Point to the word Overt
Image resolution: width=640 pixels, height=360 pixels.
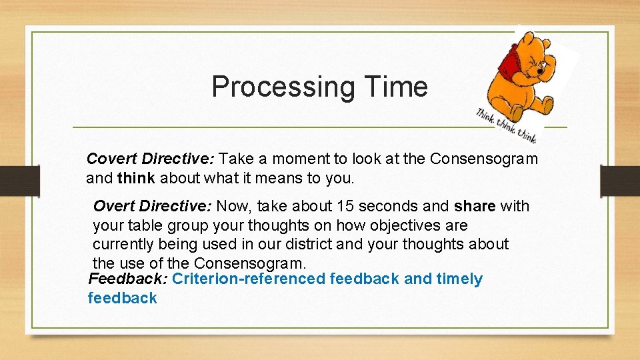tap(113, 207)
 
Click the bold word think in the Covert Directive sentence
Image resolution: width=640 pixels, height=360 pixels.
tap(135, 179)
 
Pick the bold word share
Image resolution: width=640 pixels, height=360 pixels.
tap(475, 207)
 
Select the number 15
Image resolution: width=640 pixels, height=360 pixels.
tap(346, 207)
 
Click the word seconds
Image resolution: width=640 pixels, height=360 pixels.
tap(391, 207)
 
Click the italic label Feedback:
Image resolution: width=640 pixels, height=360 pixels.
tap(128, 279)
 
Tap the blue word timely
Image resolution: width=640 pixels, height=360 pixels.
tap(459, 279)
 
